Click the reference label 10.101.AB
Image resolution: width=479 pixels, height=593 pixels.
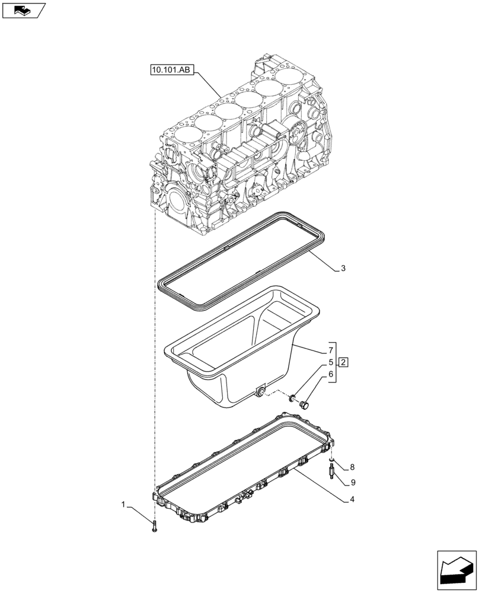coord(171,70)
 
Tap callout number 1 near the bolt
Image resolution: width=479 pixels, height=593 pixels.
coord(123,505)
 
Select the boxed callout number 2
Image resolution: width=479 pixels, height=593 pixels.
coord(344,362)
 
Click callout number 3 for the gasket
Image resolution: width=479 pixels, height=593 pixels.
coord(343,269)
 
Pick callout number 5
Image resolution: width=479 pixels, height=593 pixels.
coord(325,362)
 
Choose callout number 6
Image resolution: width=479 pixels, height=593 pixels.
coord(325,375)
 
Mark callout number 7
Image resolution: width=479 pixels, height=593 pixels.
coord(325,350)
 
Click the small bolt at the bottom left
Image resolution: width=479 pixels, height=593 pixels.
coord(154,525)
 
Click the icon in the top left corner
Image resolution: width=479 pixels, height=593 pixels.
coord(23,9)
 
